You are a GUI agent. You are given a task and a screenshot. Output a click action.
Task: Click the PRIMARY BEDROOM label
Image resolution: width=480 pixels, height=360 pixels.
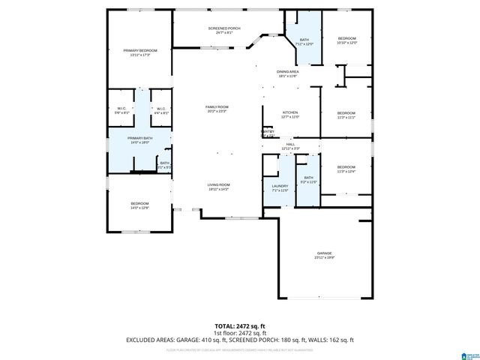coord(140,50)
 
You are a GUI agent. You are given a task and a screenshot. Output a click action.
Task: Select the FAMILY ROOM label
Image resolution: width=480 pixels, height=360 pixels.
coord(217,107)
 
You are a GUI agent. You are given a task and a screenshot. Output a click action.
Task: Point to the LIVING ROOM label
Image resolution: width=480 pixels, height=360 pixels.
coord(218,184)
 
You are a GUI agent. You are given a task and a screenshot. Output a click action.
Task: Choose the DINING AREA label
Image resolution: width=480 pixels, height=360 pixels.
coord(288,71)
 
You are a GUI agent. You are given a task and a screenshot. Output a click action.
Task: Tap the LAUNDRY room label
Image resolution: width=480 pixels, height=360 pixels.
coord(280,186)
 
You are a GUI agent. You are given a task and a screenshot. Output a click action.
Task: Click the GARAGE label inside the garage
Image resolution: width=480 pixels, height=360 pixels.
coord(324,253)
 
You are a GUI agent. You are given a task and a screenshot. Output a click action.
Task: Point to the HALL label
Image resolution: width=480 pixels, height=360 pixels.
coord(290,144)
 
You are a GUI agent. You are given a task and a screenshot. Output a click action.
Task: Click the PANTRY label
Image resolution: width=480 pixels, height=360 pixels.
coord(268,132)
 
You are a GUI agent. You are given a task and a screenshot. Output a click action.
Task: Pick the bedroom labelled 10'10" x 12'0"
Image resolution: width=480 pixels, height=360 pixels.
coord(346,38)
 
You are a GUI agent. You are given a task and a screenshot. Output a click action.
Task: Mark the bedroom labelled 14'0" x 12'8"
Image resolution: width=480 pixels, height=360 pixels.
coord(140,204)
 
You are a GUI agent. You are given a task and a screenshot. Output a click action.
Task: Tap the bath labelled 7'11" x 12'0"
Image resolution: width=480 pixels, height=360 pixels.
coord(304,40)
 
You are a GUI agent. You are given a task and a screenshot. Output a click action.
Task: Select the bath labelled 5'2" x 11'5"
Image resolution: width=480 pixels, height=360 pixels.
coord(309,178)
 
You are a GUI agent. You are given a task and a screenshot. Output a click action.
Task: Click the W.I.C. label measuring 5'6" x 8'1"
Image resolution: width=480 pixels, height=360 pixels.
coord(122,109)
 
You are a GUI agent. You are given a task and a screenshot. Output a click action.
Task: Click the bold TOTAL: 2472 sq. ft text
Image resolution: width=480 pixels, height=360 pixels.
coord(240,325)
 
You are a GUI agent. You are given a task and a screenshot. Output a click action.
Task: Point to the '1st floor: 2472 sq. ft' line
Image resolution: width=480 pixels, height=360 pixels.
coord(240,332)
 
